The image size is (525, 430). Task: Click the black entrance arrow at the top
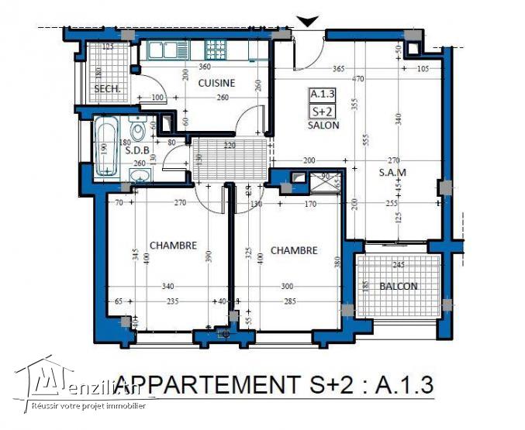coord(308,22)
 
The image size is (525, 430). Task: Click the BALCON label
coord(399,286)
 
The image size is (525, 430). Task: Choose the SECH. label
coord(106,90)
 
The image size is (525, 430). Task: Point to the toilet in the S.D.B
coord(138,129)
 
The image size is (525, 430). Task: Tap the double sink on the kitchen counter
coord(164,51)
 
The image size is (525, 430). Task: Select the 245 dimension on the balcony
coord(399,264)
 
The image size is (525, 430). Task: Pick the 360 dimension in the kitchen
coord(206,67)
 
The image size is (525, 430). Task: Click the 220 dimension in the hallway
coord(230,145)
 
